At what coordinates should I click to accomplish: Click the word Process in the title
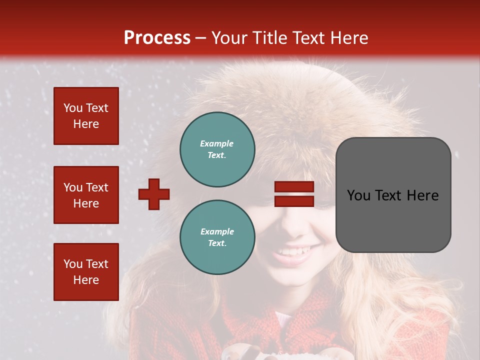click(x=157, y=38)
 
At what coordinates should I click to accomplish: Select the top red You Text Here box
click(x=86, y=116)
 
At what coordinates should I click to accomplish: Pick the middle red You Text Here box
click(x=86, y=195)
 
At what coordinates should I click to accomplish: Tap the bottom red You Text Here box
click(x=86, y=271)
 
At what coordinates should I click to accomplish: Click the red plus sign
click(x=154, y=194)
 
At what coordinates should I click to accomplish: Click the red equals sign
click(x=294, y=194)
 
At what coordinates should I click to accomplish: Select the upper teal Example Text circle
click(x=217, y=149)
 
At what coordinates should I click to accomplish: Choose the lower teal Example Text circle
click(x=217, y=237)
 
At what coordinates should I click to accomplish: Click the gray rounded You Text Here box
click(x=393, y=195)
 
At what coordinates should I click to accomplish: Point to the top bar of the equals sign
click(x=294, y=186)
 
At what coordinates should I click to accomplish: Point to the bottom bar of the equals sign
click(x=294, y=201)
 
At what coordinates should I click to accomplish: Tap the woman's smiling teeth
click(x=298, y=250)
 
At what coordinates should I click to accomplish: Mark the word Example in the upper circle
click(x=216, y=143)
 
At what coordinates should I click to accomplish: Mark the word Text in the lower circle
click(x=216, y=243)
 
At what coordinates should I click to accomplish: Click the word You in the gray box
click(x=358, y=195)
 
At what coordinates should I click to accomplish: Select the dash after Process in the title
click(x=200, y=38)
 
